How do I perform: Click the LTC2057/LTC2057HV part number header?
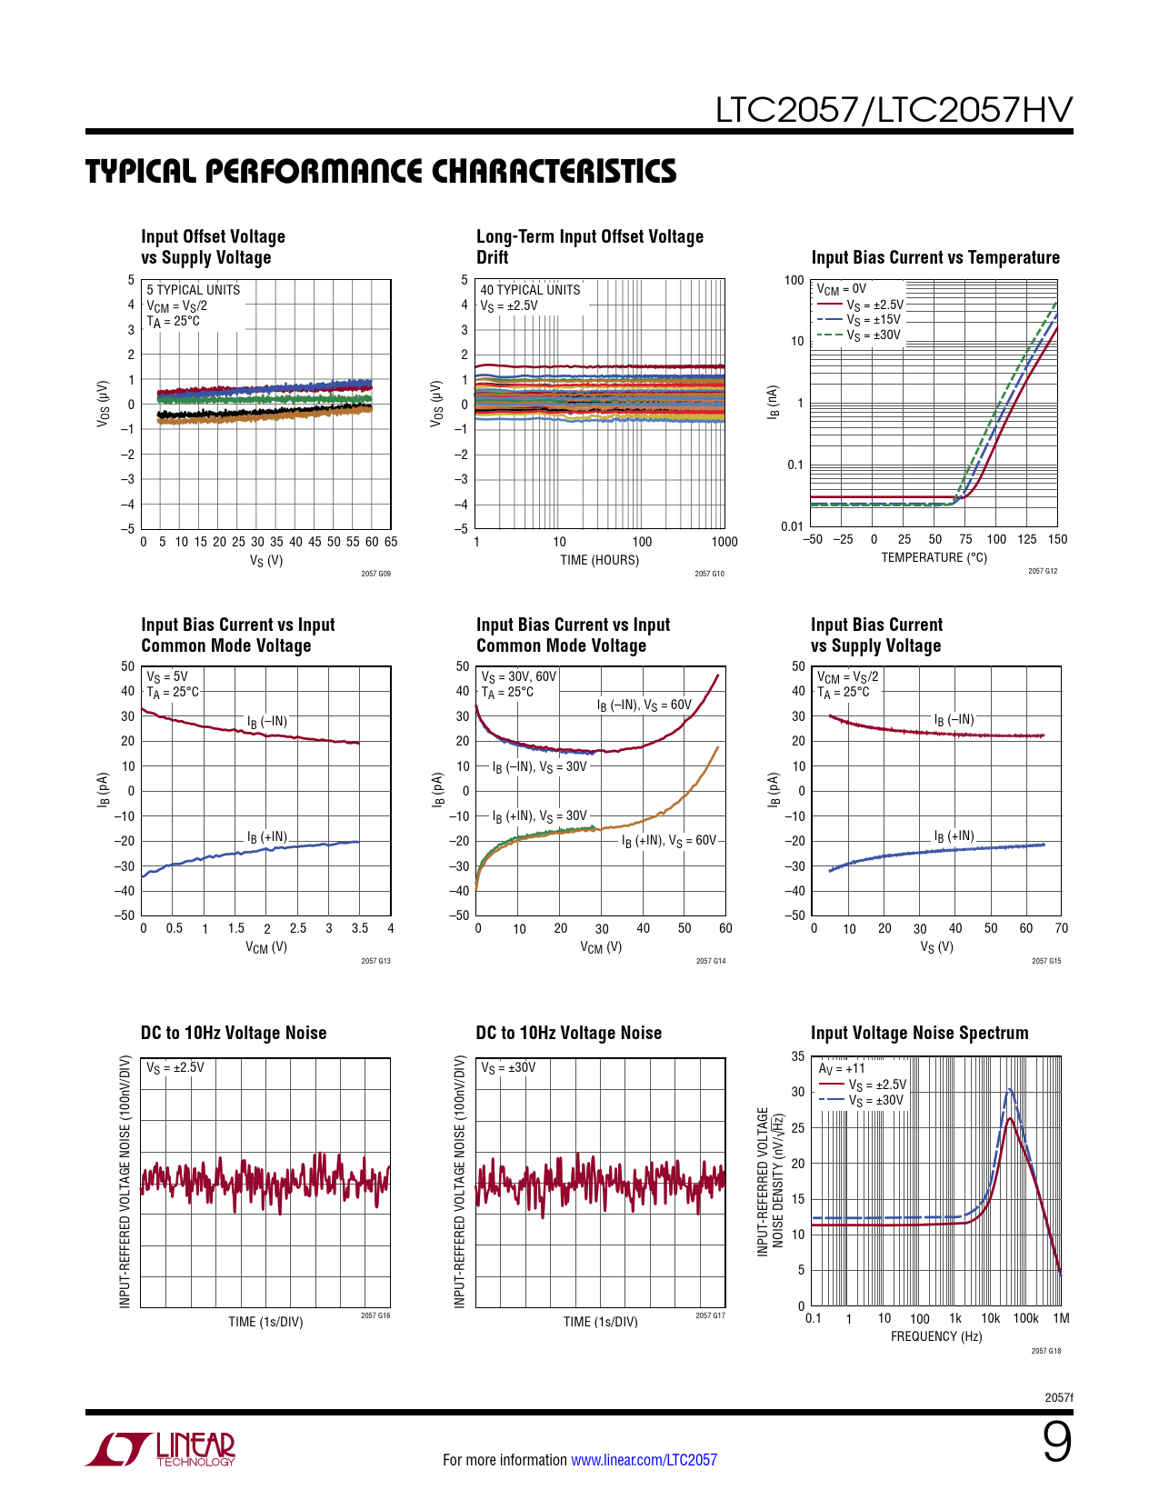[894, 110]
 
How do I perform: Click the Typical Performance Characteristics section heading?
[381, 172]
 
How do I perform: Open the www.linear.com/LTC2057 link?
[644, 1460]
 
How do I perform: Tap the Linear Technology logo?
[161, 1449]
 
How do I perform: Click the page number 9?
[1056, 1443]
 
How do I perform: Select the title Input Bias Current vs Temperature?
[935, 258]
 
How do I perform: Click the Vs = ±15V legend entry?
[873, 320]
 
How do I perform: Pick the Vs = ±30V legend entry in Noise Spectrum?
[875, 1101]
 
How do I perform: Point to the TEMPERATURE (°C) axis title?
[934, 557]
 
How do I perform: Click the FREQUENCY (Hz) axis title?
[936, 1336]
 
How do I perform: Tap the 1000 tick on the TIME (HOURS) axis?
[724, 542]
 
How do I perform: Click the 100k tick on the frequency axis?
[1025, 1318]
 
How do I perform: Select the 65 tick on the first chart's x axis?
[391, 542]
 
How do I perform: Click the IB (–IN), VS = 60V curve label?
[644, 705]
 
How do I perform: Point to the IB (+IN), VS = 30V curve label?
[540, 816]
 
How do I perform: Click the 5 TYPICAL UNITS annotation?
[194, 290]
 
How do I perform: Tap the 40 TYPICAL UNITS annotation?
[530, 290]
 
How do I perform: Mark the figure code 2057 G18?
[1045, 1351]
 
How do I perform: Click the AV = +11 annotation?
[842, 1069]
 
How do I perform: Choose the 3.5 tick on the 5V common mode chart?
[360, 928]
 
